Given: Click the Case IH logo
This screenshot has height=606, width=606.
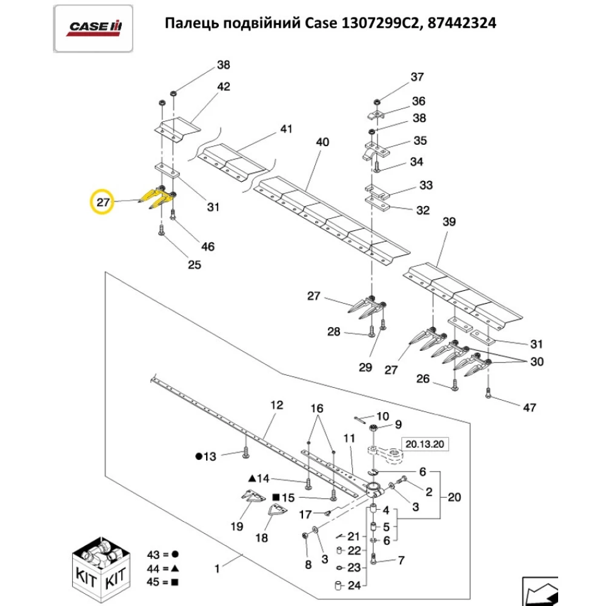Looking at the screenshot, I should click(93, 27).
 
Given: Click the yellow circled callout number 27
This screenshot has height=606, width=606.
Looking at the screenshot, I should click(104, 202).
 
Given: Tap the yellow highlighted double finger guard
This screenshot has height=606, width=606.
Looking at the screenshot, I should click(156, 195).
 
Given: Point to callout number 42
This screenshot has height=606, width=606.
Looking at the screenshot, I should click(223, 87).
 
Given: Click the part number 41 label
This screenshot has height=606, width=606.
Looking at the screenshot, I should click(285, 129).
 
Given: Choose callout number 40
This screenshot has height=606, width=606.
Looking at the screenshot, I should click(322, 142).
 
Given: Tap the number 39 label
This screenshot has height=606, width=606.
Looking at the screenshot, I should click(448, 222).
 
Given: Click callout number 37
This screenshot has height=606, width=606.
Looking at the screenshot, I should click(418, 77).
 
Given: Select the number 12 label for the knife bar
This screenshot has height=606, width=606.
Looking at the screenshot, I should click(276, 404).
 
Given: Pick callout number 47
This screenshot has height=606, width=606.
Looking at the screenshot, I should click(529, 408).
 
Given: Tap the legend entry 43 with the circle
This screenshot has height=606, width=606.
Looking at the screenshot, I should click(163, 554).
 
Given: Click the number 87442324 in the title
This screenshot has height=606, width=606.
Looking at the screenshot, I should click(461, 24).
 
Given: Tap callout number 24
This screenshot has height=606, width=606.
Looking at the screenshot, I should click(354, 586).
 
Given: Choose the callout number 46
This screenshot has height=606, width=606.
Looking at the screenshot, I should click(208, 247).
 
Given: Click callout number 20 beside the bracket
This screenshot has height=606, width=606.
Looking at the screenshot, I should click(454, 498).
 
